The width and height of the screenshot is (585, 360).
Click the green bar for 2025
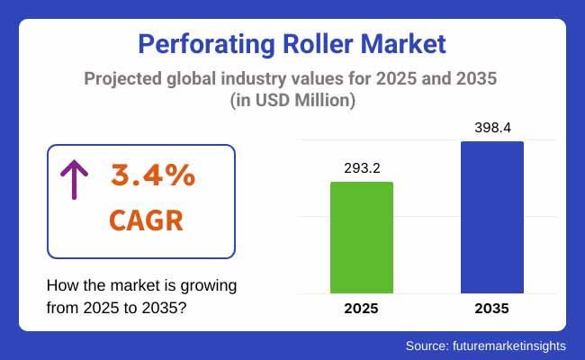pyautogui.click(x=362, y=238)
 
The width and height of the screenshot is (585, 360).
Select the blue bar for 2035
pyautogui.click(x=491, y=217)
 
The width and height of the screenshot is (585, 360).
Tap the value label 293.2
pyautogui.click(x=362, y=168)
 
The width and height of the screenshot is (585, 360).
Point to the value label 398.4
pyautogui.click(x=491, y=128)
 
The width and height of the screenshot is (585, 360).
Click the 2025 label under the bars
pyautogui.click(x=362, y=309)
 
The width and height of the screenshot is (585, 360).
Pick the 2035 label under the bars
pyautogui.click(x=491, y=309)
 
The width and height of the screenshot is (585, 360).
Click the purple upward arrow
pyautogui.click(x=71, y=179)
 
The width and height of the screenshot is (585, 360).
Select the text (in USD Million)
pyautogui.click(x=292, y=102)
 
